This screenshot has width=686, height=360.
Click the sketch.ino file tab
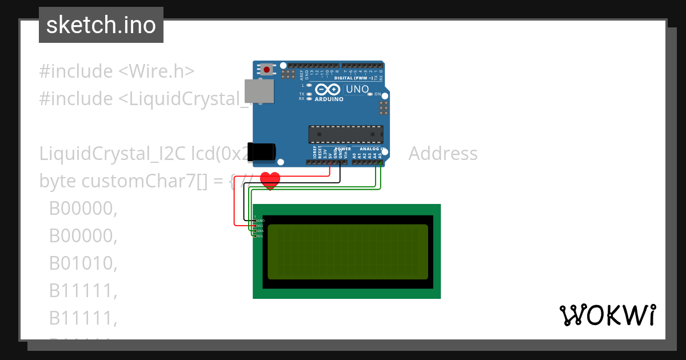pos(101,25)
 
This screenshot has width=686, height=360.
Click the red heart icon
pos(270,181)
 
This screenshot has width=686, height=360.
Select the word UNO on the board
pos(357,89)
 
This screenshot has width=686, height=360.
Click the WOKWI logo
pos(607,315)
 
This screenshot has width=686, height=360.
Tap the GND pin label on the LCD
pos(260,220)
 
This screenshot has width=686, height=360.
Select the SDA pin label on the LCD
pos(260,230)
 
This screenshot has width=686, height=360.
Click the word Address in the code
pos(443,154)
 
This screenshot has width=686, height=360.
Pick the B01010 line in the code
pos(83,263)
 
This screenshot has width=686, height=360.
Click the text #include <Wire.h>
pos(117,71)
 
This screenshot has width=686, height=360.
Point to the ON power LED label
pos(378,94)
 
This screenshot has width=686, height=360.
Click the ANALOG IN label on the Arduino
pos(372,149)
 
